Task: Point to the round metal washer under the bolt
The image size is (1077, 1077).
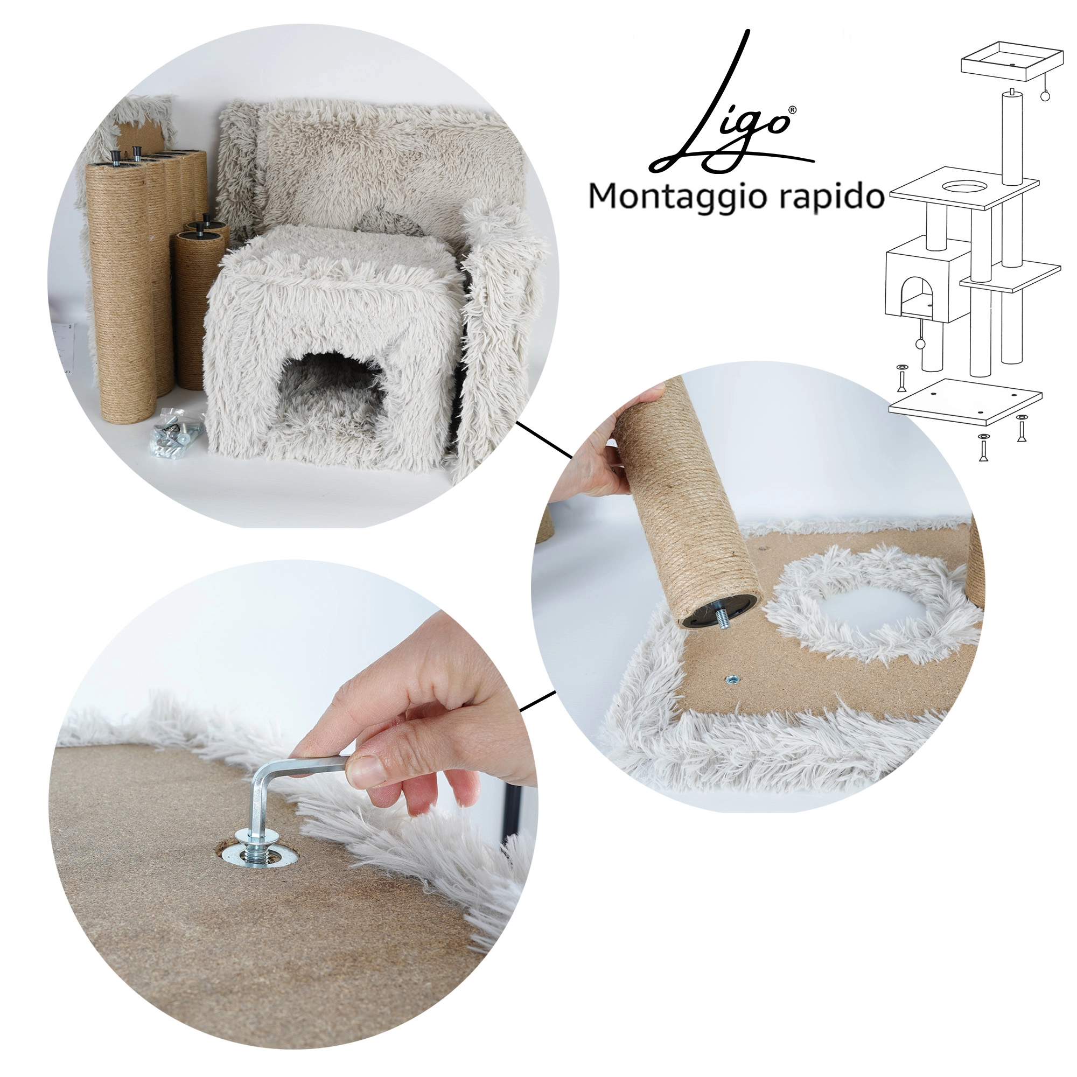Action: (x=257, y=862)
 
